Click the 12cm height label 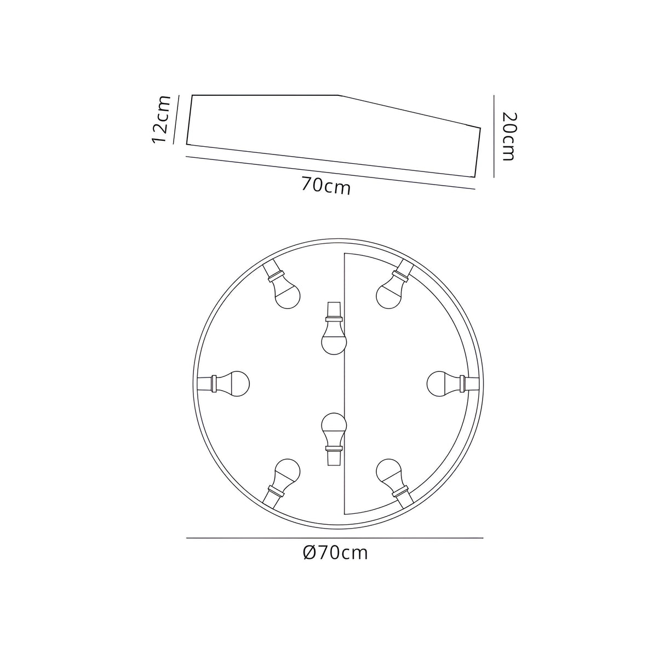(x=162, y=119)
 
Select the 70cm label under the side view (x=325, y=187)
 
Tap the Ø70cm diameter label (x=335, y=553)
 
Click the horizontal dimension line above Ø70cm (x=335, y=538)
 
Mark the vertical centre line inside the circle (x=343, y=383)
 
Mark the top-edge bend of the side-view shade (x=337, y=95)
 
